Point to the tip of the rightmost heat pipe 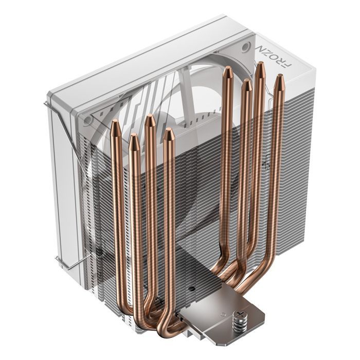coord(279,78)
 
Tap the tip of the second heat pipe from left coord(133,138)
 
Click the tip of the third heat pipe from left coord(150,119)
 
